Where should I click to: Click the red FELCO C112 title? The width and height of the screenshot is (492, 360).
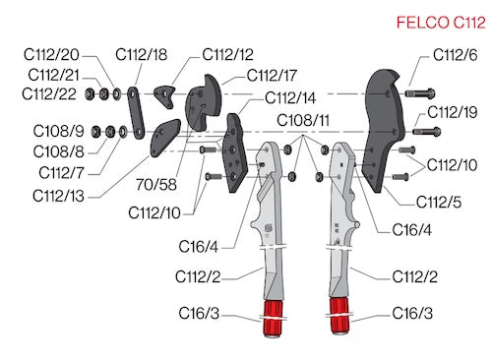[441, 23]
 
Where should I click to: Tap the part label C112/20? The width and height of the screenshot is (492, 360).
[51, 54]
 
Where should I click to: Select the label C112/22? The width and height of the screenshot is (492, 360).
[49, 94]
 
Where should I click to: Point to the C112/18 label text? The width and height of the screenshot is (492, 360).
[142, 54]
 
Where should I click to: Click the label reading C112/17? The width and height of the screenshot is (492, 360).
[272, 76]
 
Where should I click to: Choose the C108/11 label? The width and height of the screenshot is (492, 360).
[303, 120]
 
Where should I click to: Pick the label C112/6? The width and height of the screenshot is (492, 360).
[456, 55]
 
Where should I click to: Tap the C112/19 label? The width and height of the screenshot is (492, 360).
[453, 112]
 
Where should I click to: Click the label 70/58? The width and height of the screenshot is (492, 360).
[156, 185]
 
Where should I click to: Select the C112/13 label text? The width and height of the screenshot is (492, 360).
[58, 196]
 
